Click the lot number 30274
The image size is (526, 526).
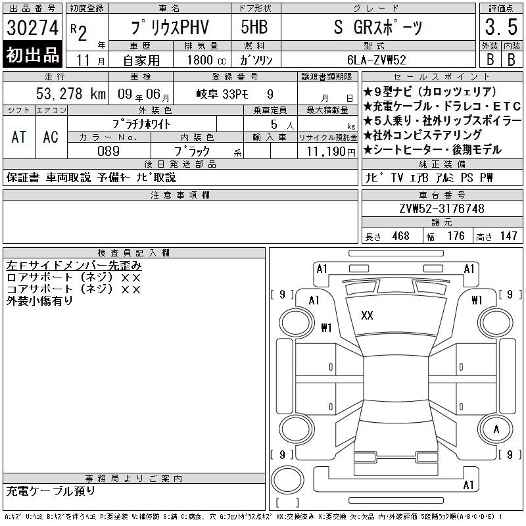pos(32,28)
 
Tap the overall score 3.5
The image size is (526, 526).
pos(501,27)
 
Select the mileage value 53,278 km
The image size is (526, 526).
pos(71,93)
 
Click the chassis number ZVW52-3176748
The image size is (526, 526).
pos(442,208)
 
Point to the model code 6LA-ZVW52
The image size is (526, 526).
pos(377,60)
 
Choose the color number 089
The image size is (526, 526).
pos(108,151)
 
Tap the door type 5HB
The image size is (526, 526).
pos(254,27)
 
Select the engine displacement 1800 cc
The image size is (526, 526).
pos(206,60)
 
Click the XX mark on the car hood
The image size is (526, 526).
pos(367,316)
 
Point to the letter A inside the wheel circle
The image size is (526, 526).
pos(496,429)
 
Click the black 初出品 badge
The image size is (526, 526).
pos(32,55)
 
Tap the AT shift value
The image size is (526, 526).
pos(19,137)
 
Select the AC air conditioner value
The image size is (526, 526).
pos(51,137)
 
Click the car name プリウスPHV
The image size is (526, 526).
pos(170,28)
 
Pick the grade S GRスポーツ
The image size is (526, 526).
pos(378,27)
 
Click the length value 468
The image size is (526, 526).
pos(401,236)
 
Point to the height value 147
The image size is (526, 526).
pos(508,236)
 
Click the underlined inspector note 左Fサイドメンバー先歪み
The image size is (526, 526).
pos(74,266)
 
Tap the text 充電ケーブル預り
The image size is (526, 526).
pos(51,491)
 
